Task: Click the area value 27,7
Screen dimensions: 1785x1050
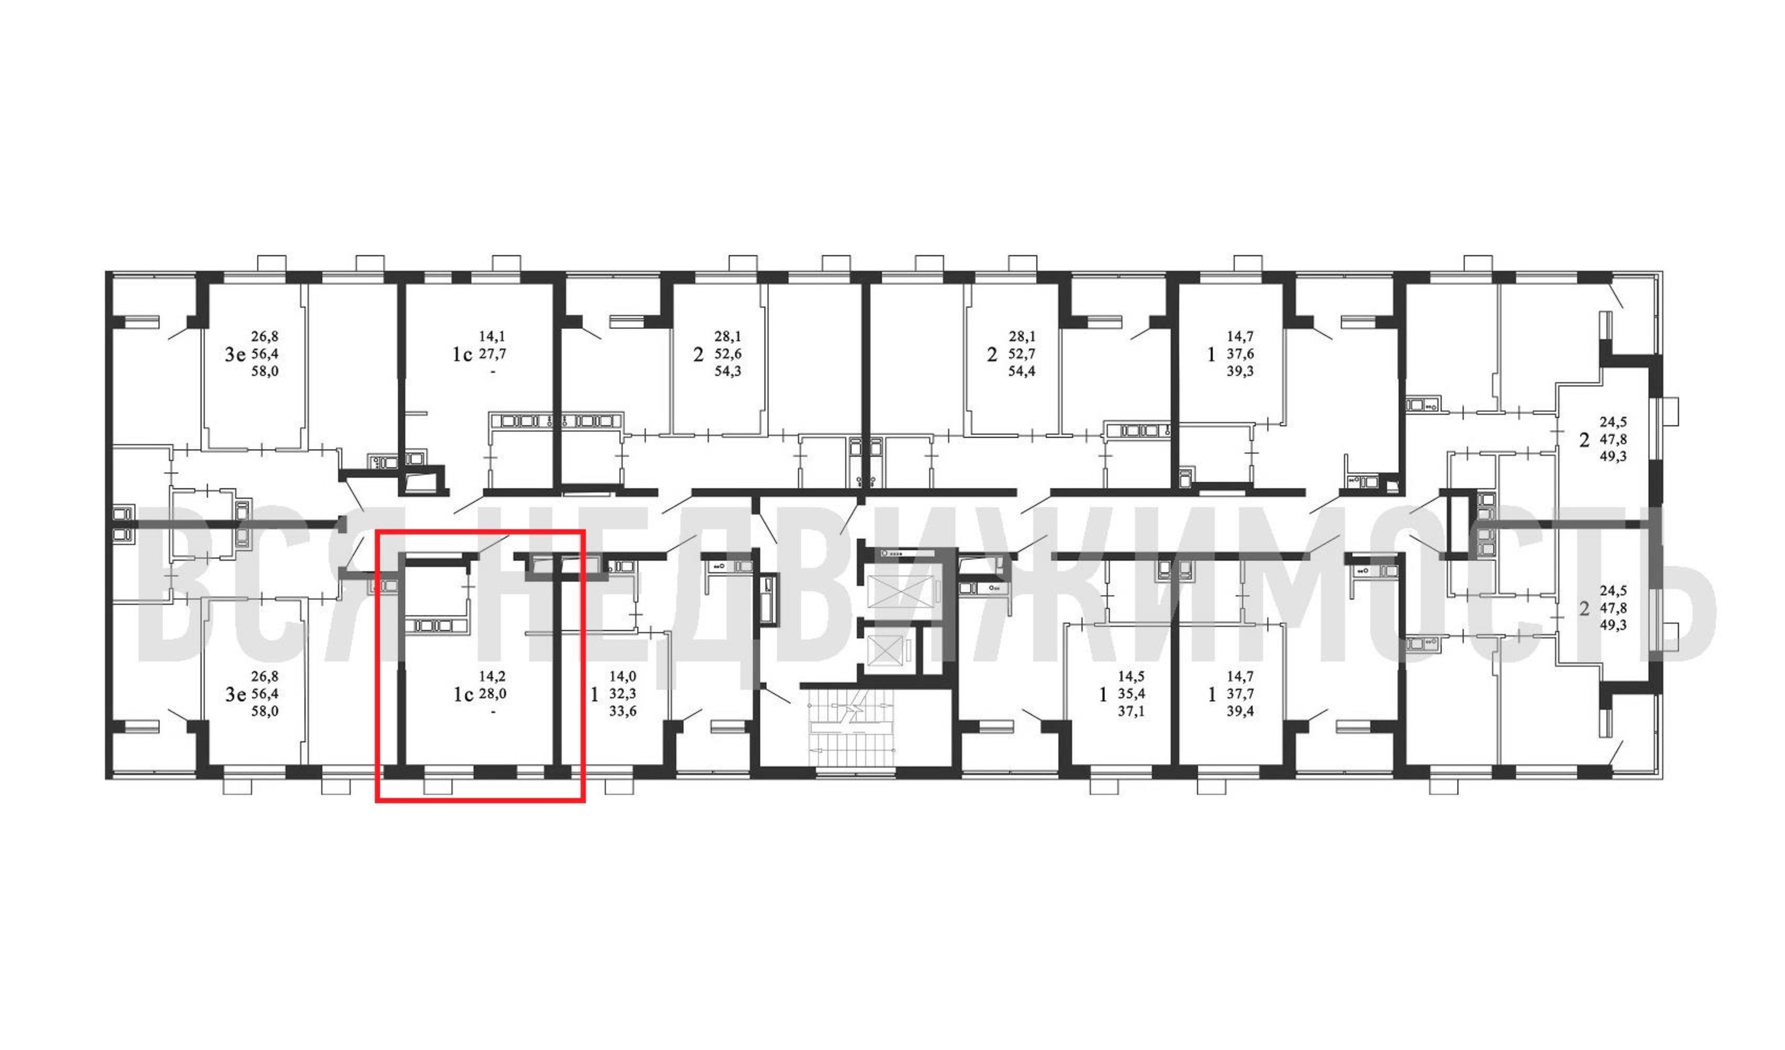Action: tap(493, 353)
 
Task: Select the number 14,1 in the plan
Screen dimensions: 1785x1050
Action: tap(492, 337)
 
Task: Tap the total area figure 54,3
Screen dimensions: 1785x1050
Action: tap(728, 371)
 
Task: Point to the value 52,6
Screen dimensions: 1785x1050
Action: tap(728, 353)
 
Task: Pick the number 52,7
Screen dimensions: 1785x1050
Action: tap(1022, 353)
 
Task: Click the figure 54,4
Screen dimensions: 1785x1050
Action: tap(1022, 371)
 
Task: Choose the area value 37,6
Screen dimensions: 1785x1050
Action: tap(1240, 353)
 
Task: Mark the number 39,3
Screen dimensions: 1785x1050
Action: tap(1240, 371)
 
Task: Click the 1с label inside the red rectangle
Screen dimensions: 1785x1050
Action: tap(463, 695)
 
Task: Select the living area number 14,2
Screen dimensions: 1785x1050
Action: tap(492, 677)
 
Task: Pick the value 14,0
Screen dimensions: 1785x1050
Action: tap(623, 677)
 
